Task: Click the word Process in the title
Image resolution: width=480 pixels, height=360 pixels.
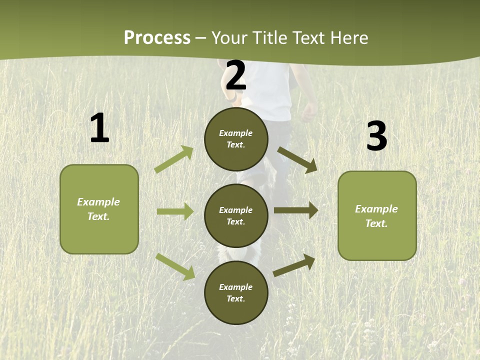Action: (157, 38)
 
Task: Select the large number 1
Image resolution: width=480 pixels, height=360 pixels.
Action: (99, 128)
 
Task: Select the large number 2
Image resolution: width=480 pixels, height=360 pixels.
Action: (236, 75)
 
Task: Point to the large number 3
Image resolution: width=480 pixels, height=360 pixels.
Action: (376, 137)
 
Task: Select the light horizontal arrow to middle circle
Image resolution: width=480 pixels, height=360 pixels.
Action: (175, 211)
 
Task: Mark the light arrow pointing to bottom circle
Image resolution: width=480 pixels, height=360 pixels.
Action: (175, 266)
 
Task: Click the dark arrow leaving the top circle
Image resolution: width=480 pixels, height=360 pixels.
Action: (297, 159)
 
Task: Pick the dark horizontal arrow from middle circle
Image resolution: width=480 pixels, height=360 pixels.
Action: (296, 210)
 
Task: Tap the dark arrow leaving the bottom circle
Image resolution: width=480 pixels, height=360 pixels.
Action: (294, 265)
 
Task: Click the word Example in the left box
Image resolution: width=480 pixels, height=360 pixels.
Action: (98, 202)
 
